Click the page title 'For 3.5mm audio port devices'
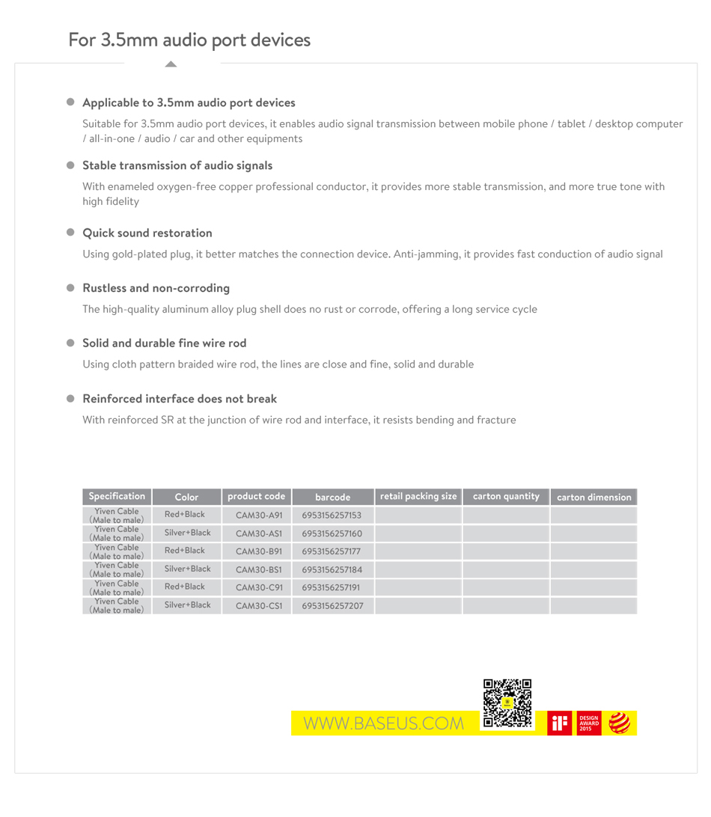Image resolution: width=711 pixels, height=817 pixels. pos(189,40)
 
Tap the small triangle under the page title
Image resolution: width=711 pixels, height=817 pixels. pos(171,64)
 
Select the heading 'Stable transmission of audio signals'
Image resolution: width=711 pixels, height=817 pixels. pos(177,165)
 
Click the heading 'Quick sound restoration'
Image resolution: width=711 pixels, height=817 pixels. pos(147,233)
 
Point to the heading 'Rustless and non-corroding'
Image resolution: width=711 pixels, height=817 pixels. pos(156,288)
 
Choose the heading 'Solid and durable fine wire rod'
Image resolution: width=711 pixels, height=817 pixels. pos(164,343)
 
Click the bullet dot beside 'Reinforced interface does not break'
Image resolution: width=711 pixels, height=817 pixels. pos(72,399)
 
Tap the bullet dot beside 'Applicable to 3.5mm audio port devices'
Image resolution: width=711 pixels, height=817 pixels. pos(72,102)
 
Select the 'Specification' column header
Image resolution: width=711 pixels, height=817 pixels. pos(117,496)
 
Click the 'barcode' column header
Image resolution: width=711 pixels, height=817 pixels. pos(333,497)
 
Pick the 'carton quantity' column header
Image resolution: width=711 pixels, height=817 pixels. pos(506,496)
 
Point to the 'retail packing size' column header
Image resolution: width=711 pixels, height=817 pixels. pos(418,496)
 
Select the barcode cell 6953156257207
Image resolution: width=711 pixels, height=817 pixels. pos(332,605)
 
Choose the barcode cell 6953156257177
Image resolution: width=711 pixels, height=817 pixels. pos(332,551)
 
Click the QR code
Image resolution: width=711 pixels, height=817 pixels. pos(507,704)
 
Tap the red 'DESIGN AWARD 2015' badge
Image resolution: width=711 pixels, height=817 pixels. pos(589,723)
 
